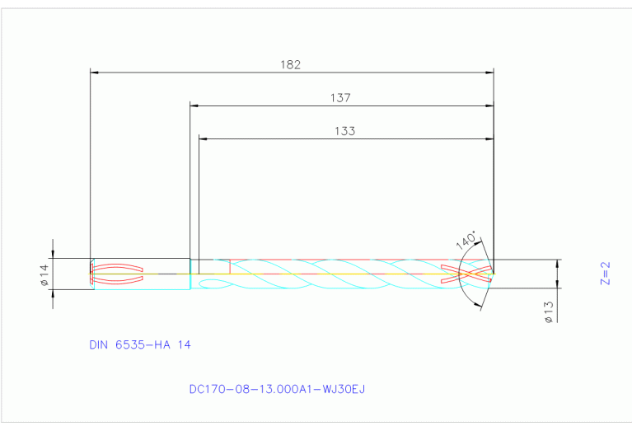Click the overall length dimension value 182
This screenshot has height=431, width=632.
(x=291, y=63)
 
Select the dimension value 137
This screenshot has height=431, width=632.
(x=340, y=97)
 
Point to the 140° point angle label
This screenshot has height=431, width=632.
(x=466, y=240)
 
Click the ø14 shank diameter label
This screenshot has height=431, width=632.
(x=45, y=274)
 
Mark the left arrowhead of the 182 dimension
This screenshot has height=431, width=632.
(x=94, y=73)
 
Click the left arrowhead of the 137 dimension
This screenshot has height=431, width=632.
(x=194, y=105)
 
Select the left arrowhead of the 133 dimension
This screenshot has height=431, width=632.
(x=204, y=138)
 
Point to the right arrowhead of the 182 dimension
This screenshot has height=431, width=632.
(x=489, y=73)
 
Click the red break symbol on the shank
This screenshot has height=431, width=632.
(x=117, y=274)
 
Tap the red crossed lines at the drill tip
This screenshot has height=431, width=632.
(x=467, y=274)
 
